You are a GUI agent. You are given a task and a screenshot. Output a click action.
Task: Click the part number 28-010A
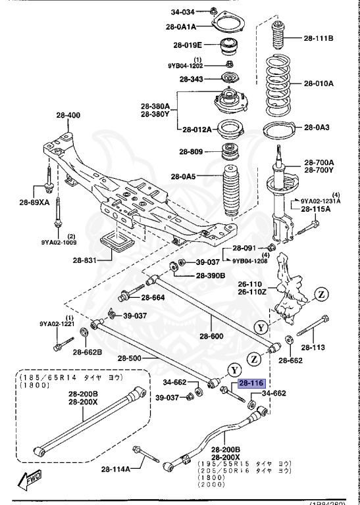pyautogui.click(x=319, y=84)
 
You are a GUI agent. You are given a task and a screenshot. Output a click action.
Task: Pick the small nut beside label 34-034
pyautogui.click(x=216, y=11)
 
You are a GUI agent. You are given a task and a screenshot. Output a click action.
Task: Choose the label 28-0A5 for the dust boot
pyautogui.click(x=184, y=176)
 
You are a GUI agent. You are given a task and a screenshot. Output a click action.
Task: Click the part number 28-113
pyautogui.click(x=313, y=348)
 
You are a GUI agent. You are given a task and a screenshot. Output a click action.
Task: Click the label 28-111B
pyautogui.click(x=319, y=39)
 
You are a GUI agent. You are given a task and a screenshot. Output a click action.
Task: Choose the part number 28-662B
pyautogui.click(x=88, y=352)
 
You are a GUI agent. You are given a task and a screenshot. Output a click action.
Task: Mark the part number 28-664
pyautogui.click(x=151, y=297)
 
